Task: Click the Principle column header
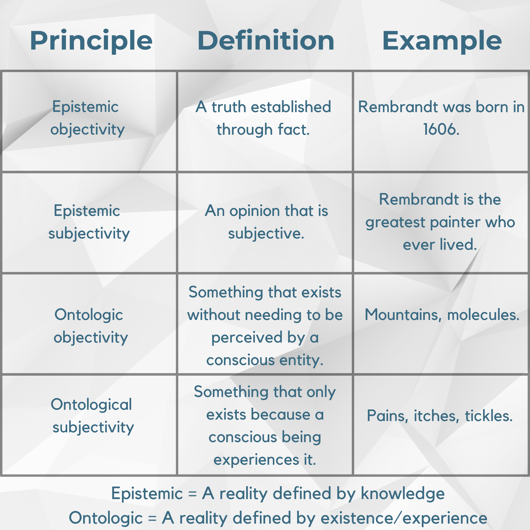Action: pos(91,40)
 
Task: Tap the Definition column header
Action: pos(265,40)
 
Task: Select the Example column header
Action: pos(442,40)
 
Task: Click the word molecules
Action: pos(483,315)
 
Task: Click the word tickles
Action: pos(489,416)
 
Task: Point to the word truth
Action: pos(228,107)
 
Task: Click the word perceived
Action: pos(247,337)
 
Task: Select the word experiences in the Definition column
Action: pos(256,460)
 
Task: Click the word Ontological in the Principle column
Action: pos(91,405)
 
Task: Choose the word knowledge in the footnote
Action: pos(402,494)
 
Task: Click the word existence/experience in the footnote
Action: pos(404,518)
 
